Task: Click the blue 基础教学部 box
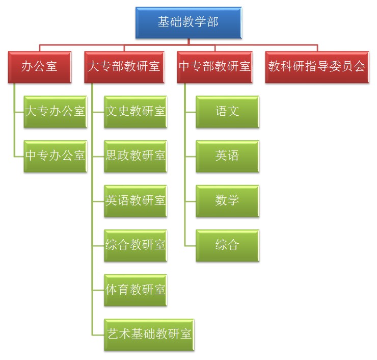tap(188, 22)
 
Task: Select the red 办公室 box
tap(39, 66)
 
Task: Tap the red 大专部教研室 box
tap(124, 66)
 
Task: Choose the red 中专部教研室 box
tap(214, 66)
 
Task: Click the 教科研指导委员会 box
tap(317, 66)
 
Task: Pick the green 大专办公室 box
tap(55, 111)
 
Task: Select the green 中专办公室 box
tap(55, 156)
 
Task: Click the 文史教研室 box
tap(136, 111)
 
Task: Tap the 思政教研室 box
tap(136, 156)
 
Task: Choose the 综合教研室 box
tap(136, 245)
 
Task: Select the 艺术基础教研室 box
tap(149, 335)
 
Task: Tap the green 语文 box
tap(227, 111)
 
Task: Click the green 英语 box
tap(227, 156)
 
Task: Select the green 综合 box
tap(227, 245)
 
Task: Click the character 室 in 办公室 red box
tap(51, 66)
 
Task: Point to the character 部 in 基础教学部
tap(212, 22)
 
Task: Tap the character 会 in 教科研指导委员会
tap(360, 66)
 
